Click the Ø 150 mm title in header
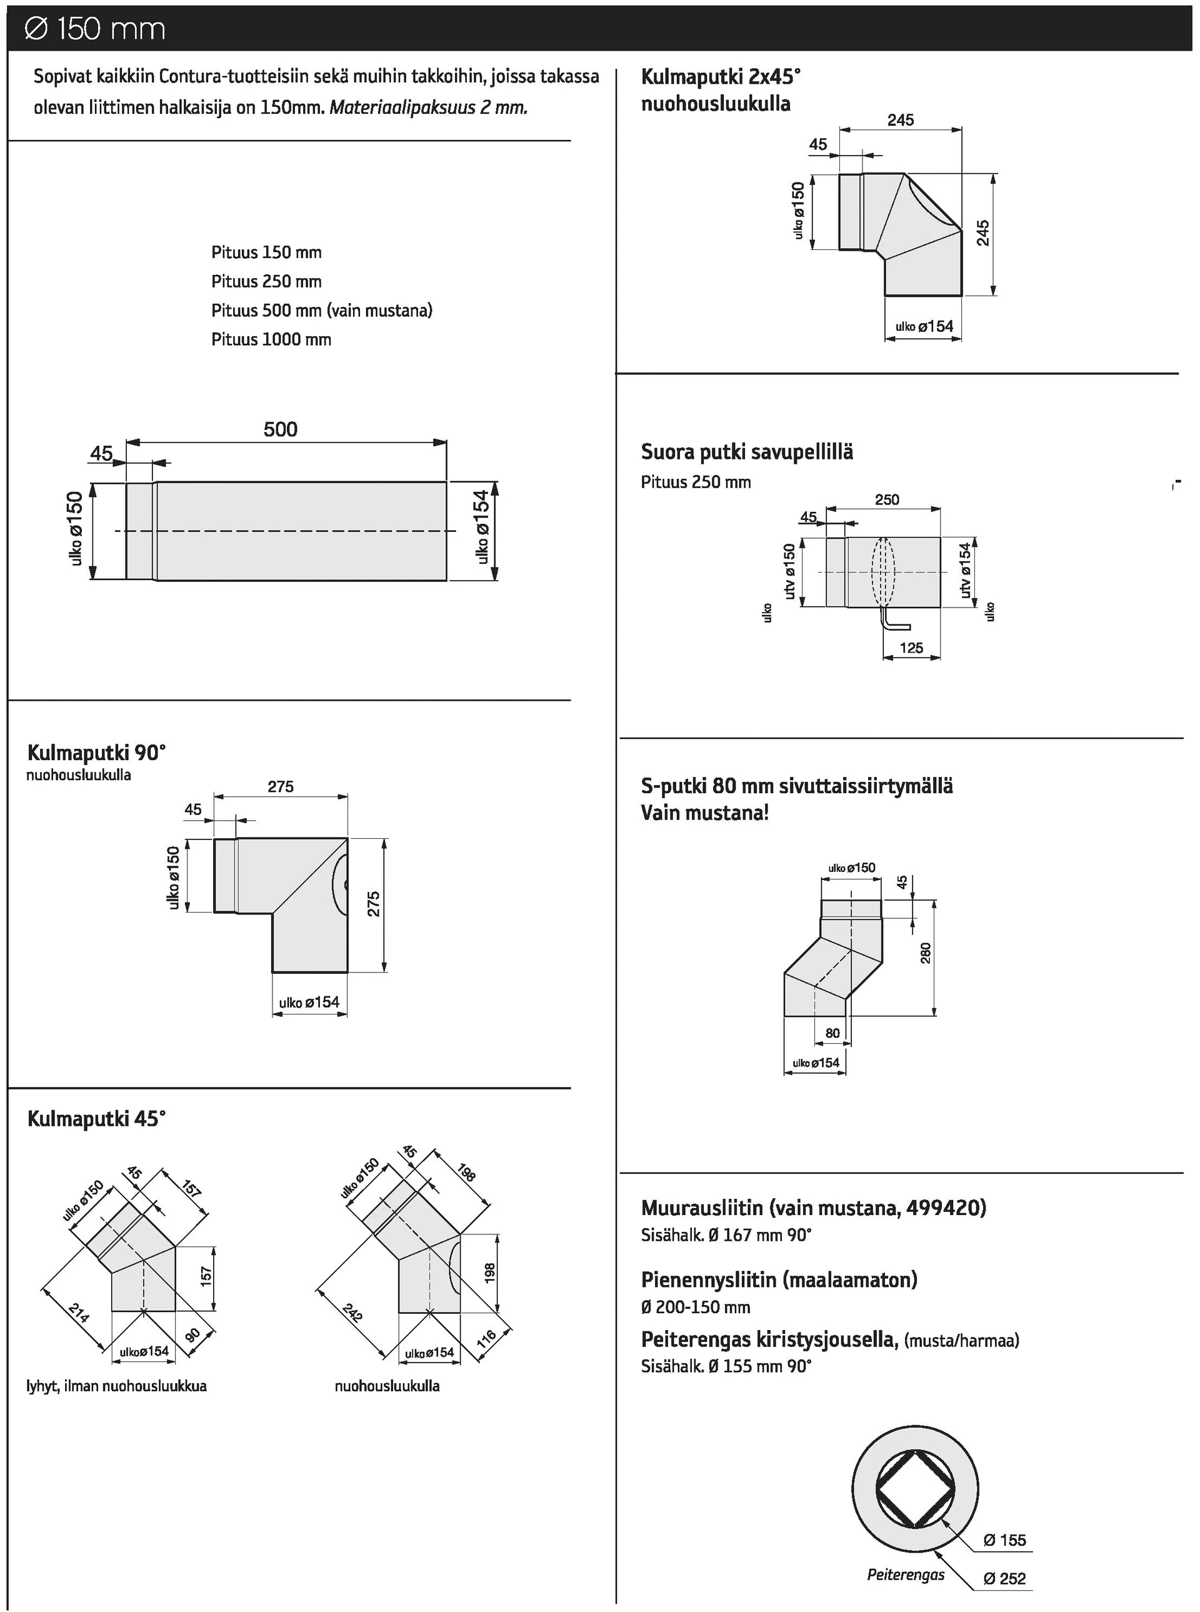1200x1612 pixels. tap(95, 29)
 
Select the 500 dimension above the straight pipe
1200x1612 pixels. tap(281, 429)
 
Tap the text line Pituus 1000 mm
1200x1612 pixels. tap(271, 339)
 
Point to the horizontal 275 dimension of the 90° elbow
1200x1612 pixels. tap(281, 786)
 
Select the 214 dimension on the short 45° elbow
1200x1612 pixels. tap(79, 1312)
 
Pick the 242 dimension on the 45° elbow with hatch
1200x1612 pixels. tap(352, 1313)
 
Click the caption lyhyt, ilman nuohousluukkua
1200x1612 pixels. tap(116, 1386)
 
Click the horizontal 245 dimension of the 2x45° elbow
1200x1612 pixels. tap(900, 120)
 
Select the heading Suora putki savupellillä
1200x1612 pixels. tap(747, 452)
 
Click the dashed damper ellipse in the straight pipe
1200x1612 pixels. tap(882, 573)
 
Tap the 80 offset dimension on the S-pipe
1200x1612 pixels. tap(832, 1033)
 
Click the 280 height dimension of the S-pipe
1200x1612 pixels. tap(926, 953)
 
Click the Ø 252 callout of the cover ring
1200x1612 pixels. tap(1004, 1579)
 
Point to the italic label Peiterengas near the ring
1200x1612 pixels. tap(905, 1575)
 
